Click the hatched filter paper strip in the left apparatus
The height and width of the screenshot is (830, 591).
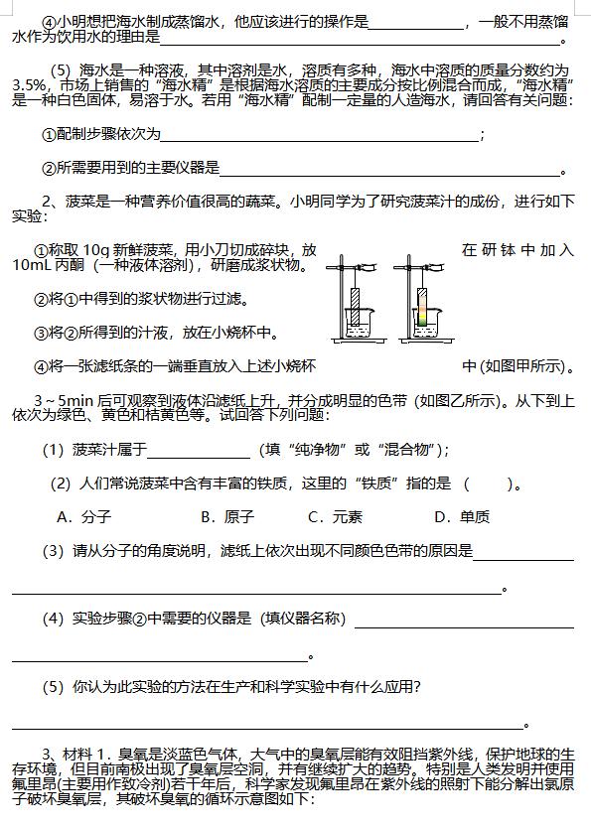click(358, 306)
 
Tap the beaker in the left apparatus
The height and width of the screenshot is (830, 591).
click(358, 324)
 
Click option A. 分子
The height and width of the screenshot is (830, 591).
click(83, 516)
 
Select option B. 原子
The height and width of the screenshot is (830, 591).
click(227, 516)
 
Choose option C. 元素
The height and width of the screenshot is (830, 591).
click(335, 516)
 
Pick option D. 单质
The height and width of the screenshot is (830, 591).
click(462, 516)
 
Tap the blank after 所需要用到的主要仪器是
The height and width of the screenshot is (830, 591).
click(389, 169)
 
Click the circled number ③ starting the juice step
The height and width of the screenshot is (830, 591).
click(41, 333)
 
